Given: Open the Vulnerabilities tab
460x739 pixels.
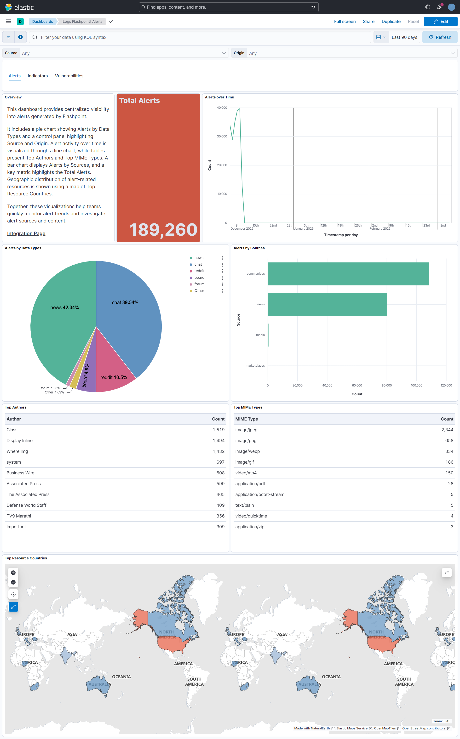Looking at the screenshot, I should (69, 76).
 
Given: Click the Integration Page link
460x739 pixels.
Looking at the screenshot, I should (26, 233).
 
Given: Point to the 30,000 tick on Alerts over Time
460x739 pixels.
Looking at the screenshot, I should (222, 136).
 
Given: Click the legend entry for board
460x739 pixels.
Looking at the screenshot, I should (199, 278).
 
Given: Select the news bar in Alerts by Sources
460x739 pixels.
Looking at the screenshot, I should (327, 304).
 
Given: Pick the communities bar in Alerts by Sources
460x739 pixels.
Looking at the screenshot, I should (348, 273).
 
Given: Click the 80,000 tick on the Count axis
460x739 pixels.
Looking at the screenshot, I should (387, 386).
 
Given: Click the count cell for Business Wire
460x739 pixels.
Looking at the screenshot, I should (220, 473).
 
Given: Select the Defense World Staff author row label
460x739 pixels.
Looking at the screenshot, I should (26, 505).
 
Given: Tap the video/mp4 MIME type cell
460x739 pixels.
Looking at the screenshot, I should (246, 473).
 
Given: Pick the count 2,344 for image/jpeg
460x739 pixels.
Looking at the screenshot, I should (447, 430).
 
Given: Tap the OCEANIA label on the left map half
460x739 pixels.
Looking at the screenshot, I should (121, 677).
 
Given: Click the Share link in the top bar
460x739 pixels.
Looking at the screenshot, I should (368, 22).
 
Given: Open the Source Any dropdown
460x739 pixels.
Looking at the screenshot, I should (123, 53).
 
